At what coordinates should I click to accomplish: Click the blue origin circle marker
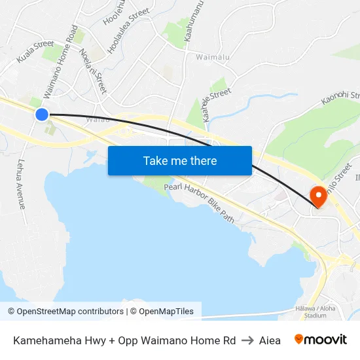point(42,115)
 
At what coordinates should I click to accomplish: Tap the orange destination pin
point(319,196)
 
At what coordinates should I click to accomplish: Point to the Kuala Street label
point(35,52)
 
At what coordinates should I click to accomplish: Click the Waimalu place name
point(213,57)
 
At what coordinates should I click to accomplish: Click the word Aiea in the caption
point(270,340)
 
